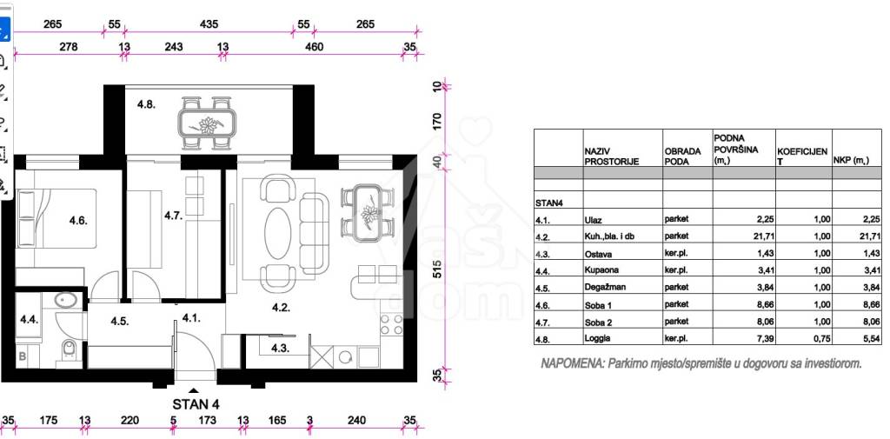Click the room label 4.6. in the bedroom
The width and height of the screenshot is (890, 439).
click(78, 220)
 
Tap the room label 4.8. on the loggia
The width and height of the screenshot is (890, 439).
click(146, 104)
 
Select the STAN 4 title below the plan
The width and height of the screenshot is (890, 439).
click(196, 404)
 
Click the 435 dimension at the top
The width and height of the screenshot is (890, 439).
click(209, 24)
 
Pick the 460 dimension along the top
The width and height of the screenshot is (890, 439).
click(314, 47)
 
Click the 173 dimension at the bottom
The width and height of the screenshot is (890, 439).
click(208, 420)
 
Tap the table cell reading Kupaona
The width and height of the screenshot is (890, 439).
click(600, 269)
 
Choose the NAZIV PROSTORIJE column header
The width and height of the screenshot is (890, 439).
click(611, 156)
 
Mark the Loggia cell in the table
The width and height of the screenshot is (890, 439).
click(596, 340)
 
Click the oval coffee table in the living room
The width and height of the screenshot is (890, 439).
click(277, 232)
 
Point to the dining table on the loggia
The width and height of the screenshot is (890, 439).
click(207, 122)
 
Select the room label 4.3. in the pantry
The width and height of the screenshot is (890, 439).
click(280, 348)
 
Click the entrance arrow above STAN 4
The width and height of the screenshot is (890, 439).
click(194, 390)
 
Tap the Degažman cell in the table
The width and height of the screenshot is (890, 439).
click(605, 287)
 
